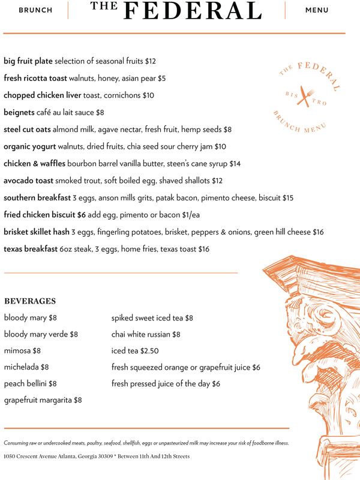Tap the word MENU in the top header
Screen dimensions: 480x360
[x=317, y=10]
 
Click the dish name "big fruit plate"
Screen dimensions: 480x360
[x=28, y=61]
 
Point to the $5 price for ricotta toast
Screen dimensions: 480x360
[x=161, y=78]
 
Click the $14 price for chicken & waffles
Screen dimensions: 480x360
[x=235, y=163]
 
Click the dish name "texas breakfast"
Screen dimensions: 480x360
[x=31, y=249]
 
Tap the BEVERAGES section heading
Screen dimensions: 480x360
[x=30, y=301]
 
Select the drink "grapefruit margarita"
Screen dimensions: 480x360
[x=38, y=400]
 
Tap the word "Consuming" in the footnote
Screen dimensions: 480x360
[x=17, y=443]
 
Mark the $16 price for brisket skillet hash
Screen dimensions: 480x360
[x=318, y=232]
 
